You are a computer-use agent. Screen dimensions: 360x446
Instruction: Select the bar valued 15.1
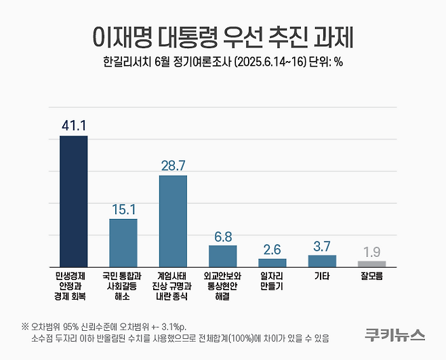(x=123, y=243)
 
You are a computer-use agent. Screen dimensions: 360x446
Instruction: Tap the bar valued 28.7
(x=173, y=221)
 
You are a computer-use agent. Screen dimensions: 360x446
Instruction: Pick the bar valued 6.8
(x=222, y=256)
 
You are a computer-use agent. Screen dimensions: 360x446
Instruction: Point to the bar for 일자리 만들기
(x=272, y=262)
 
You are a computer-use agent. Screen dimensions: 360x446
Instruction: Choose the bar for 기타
(x=322, y=261)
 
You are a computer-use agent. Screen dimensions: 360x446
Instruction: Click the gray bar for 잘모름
(x=371, y=264)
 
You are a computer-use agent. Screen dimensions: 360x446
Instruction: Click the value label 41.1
(x=73, y=125)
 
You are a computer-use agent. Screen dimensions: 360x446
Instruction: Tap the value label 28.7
(x=173, y=165)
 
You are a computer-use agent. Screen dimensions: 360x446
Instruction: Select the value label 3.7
(x=322, y=244)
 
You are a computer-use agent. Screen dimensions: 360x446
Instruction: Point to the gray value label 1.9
(x=371, y=250)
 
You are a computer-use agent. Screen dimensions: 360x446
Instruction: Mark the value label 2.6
(x=272, y=247)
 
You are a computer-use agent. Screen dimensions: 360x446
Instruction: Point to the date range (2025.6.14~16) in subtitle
(x=268, y=62)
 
